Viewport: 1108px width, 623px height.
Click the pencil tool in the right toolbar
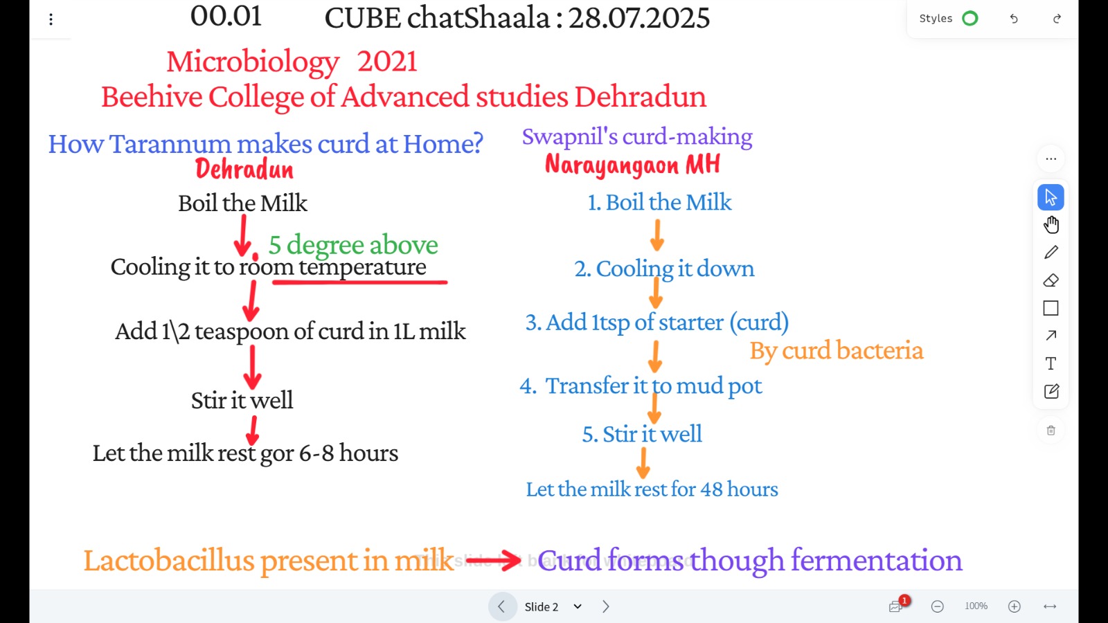tap(1051, 252)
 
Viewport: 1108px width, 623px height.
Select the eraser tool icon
tap(1051, 280)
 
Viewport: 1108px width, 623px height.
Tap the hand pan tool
tap(1051, 224)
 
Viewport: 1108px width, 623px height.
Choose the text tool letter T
tap(1051, 363)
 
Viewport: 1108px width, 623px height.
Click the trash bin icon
tap(1051, 430)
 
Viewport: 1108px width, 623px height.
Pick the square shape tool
tap(1051, 308)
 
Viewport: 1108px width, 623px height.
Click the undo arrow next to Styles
tap(1014, 19)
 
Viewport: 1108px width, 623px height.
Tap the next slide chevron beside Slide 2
tap(606, 606)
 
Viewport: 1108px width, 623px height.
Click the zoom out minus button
tap(938, 606)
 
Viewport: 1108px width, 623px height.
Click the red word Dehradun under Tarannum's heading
tap(244, 169)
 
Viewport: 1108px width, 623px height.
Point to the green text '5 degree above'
tap(353, 245)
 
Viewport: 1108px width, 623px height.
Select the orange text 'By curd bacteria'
tap(837, 350)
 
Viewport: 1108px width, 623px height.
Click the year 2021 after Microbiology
tap(387, 62)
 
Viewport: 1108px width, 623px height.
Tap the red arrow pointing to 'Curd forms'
tap(493, 560)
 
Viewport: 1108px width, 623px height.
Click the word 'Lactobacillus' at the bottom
tap(169, 561)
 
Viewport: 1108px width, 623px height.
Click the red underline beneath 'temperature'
tap(360, 282)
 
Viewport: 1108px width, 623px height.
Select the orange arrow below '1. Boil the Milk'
tap(657, 235)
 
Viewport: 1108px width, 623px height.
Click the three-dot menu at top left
tap(51, 19)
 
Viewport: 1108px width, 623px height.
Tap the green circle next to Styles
tap(970, 19)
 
